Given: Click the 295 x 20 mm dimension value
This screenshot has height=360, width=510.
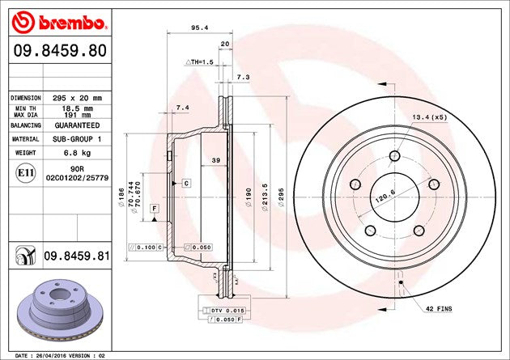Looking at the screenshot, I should point(77,98).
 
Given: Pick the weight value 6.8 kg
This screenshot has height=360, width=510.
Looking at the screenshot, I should point(77,151).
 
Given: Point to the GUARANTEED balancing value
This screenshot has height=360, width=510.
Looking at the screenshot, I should point(77,127).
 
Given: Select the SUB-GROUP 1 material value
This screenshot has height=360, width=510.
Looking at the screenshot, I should point(77,139).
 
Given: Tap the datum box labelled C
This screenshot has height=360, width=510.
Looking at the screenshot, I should point(186,183).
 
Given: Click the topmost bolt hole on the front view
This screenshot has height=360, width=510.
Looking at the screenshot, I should point(395,156).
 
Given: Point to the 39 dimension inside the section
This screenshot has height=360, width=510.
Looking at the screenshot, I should point(216,161).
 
